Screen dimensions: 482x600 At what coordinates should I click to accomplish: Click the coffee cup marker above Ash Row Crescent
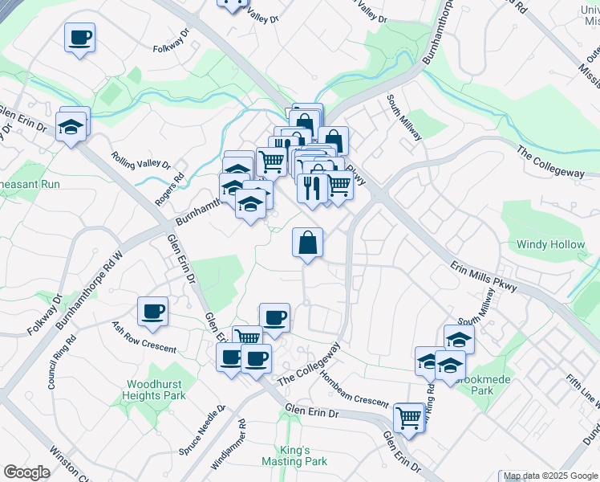(152, 312)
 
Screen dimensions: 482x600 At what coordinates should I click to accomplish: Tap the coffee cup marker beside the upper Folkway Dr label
(80, 37)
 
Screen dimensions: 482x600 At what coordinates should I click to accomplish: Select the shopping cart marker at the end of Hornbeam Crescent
(409, 418)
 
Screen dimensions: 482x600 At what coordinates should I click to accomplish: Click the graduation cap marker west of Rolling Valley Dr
(71, 127)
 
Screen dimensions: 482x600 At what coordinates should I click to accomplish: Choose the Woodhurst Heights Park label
(154, 390)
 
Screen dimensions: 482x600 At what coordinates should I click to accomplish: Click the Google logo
(26, 472)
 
